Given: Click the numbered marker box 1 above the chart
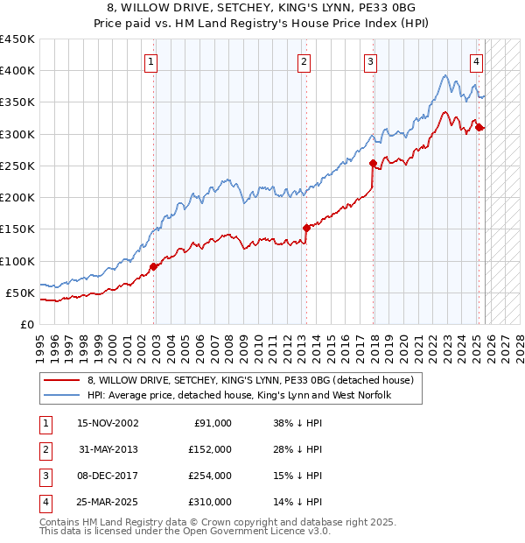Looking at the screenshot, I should pyautogui.click(x=151, y=61).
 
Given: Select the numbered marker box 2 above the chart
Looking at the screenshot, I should pyautogui.click(x=303, y=61).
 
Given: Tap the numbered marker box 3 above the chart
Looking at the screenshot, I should pyautogui.click(x=370, y=61).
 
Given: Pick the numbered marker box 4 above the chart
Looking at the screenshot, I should pyautogui.click(x=476, y=61).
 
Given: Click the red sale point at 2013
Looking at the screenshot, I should pyautogui.click(x=306, y=228).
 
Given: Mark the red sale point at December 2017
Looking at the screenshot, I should pyautogui.click(x=373, y=163).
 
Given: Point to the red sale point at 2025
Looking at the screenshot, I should pyautogui.click(x=479, y=128).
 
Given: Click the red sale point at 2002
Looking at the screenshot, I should pyautogui.click(x=154, y=266).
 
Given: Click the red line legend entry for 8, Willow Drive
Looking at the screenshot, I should pyautogui.click(x=255, y=380).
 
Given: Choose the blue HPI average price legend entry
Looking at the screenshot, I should pyautogui.click(x=239, y=396).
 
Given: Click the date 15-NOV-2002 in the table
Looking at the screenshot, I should pyautogui.click(x=108, y=423).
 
